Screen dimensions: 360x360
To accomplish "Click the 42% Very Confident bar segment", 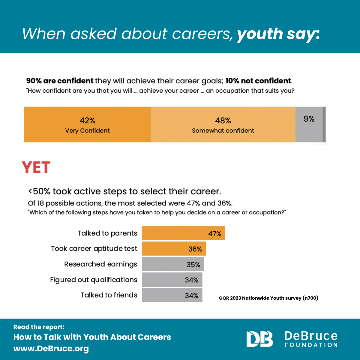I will pyautogui.click(x=87, y=124).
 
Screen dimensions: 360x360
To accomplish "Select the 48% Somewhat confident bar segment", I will pyautogui.click(x=223, y=124).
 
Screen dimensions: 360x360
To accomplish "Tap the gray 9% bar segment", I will pyautogui.click(x=309, y=124).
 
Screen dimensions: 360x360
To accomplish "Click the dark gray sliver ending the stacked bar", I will pyautogui.click(x=324, y=124).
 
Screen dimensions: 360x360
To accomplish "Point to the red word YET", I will pyautogui.click(x=36, y=167).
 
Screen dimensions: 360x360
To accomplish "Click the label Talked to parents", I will pyautogui.click(x=107, y=233).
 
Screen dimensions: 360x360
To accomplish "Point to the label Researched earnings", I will pyautogui.click(x=100, y=264).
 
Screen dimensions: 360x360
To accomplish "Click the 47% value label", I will pyautogui.click(x=215, y=234).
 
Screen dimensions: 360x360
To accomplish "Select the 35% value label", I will pyautogui.click(x=193, y=265).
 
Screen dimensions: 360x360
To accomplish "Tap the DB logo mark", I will pyautogui.click(x=259, y=339).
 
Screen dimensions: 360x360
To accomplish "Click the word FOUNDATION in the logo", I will pyautogui.click(x=311, y=345).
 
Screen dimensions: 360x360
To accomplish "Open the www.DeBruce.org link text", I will pyautogui.click(x=51, y=349).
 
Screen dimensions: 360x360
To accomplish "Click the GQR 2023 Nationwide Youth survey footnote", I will pyautogui.click(x=268, y=298).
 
